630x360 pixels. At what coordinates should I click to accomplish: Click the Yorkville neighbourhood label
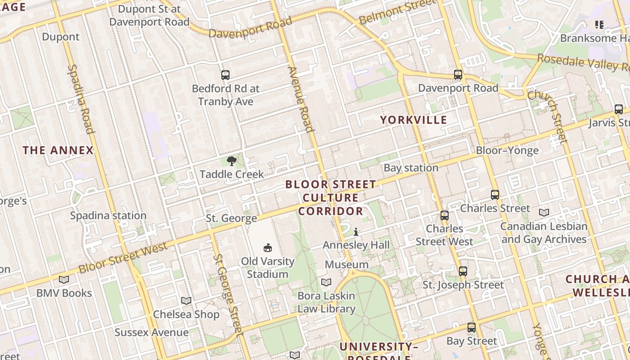coord(414,120)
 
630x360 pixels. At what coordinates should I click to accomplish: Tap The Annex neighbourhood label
coord(58,150)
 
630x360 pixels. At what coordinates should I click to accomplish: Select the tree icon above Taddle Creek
coord(232,161)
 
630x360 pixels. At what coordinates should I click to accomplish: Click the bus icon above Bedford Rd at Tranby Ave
coord(225,75)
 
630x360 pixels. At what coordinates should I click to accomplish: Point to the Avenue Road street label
coord(300,99)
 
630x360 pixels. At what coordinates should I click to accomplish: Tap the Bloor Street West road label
coord(123,258)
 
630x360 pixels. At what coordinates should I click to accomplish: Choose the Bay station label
coord(411,168)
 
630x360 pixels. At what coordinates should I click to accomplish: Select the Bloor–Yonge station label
coord(507,150)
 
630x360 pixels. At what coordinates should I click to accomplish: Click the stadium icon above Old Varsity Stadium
coord(268,247)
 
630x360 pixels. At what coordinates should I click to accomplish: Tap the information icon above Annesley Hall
coord(356,232)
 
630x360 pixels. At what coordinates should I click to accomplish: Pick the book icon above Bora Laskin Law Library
coord(326,282)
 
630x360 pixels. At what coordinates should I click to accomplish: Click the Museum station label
coord(346,265)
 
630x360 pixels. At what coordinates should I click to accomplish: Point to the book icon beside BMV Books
coord(64,279)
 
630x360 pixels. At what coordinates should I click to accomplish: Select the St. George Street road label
coord(228,295)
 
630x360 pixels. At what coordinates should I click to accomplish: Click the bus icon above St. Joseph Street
coord(463,271)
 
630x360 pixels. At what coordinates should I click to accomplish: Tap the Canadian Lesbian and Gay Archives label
coord(544,233)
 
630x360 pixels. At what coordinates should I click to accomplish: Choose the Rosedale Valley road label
coord(583,63)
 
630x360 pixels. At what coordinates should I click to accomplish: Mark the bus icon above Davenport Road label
coord(458,75)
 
